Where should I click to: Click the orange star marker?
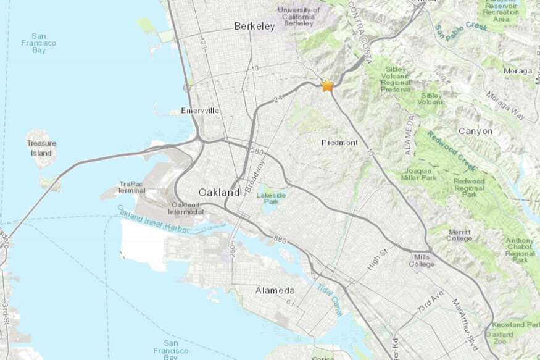click(327, 86)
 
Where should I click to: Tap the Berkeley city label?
click(254, 27)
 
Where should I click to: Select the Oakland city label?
click(218, 193)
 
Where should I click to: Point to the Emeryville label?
click(200, 111)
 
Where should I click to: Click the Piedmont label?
click(339, 143)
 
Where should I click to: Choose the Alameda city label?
click(275, 290)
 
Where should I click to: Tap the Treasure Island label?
click(41, 147)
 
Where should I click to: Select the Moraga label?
click(517, 71)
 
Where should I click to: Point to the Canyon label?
click(475, 132)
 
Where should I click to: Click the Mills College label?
click(422, 261)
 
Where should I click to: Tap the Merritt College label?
click(459, 235)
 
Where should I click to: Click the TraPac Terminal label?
click(132, 187)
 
